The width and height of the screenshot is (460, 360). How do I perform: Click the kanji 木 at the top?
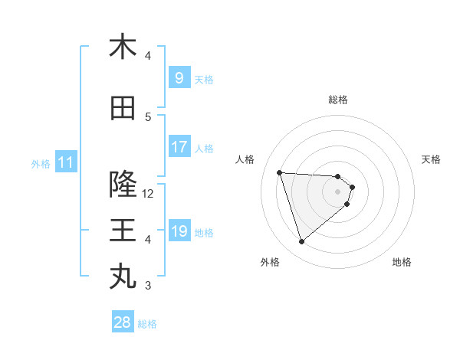point(123,47)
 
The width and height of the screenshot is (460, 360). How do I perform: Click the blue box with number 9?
point(179,78)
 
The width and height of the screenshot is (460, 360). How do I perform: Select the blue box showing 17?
point(179,147)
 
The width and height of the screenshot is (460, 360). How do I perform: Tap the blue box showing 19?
point(179,231)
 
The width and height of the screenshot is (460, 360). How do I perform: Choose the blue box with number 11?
point(65,162)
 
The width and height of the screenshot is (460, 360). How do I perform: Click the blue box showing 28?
point(123,322)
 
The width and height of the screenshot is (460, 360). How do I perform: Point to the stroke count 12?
point(149,193)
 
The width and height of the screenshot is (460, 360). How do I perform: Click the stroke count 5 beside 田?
point(148,116)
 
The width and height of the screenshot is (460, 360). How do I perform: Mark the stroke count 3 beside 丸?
point(148,286)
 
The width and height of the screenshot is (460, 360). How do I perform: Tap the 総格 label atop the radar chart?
point(338,100)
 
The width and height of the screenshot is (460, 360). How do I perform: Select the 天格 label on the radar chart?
point(431,159)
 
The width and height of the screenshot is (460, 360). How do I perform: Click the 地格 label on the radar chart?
point(402,262)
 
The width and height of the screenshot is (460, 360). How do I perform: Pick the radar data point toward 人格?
point(280,172)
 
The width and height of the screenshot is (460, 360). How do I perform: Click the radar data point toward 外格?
point(301,242)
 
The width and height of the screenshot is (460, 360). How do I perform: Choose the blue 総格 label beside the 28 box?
point(147,323)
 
